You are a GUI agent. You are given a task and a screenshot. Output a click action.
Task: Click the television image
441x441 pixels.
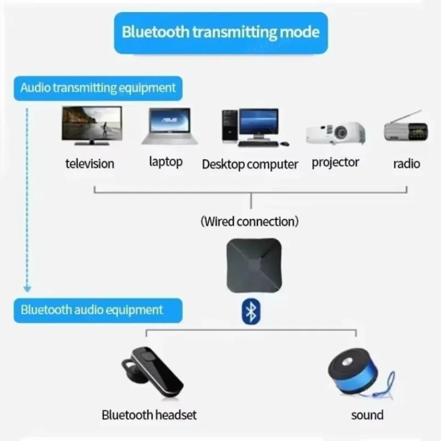point(91,125)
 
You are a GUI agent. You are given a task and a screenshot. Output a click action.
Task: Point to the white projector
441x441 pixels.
point(336,133)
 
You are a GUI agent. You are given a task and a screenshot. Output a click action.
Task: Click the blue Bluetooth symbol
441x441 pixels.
point(251,312)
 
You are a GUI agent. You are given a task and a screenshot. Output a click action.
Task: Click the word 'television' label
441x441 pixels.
point(90,163)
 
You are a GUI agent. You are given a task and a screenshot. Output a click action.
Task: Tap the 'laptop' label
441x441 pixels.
point(166,162)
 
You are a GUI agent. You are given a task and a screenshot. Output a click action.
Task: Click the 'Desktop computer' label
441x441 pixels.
point(250,164)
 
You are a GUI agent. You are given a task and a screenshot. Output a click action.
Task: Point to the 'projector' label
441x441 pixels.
point(335,162)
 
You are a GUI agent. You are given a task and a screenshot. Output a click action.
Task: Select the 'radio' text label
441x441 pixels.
point(406,163)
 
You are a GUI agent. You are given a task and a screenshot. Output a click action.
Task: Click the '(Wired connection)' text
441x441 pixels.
point(250,222)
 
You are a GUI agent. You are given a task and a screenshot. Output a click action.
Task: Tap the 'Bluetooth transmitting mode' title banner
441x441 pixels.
point(220,31)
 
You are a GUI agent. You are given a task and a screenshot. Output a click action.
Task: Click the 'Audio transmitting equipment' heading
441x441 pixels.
point(98,88)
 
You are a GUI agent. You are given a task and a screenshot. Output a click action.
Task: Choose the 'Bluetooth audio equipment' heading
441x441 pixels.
point(92,309)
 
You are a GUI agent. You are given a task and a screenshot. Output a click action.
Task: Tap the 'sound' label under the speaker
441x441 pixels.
point(367,415)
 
